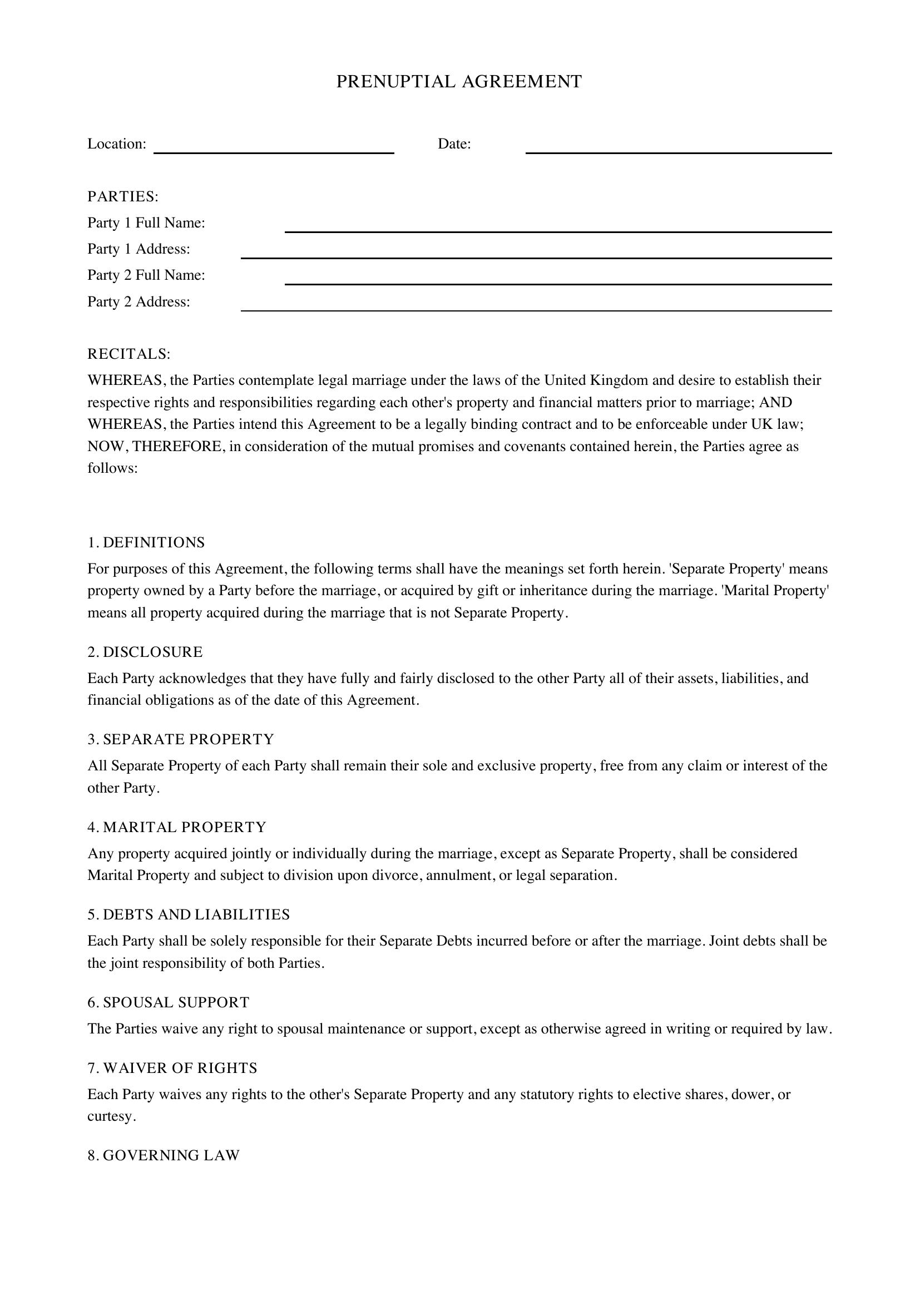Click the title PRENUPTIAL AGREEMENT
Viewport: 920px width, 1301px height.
click(x=459, y=82)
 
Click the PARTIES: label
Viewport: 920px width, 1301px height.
click(x=123, y=196)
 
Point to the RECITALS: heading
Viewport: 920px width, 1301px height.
click(x=128, y=354)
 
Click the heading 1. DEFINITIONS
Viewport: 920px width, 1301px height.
click(x=146, y=543)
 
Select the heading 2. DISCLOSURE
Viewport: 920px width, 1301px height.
click(x=145, y=652)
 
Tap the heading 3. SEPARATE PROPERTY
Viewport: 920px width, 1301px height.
click(x=181, y=739)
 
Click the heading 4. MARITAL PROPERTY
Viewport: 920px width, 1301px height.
click(x=177, y=827)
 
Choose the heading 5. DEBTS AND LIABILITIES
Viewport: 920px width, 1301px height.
click(x=189, y=914)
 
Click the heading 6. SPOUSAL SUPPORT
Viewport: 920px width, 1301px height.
click(x=168, y=1002)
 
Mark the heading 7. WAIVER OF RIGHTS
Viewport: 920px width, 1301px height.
click(x=172, y=1068)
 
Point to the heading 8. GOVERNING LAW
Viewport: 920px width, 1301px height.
click(x=164, y=1155)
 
